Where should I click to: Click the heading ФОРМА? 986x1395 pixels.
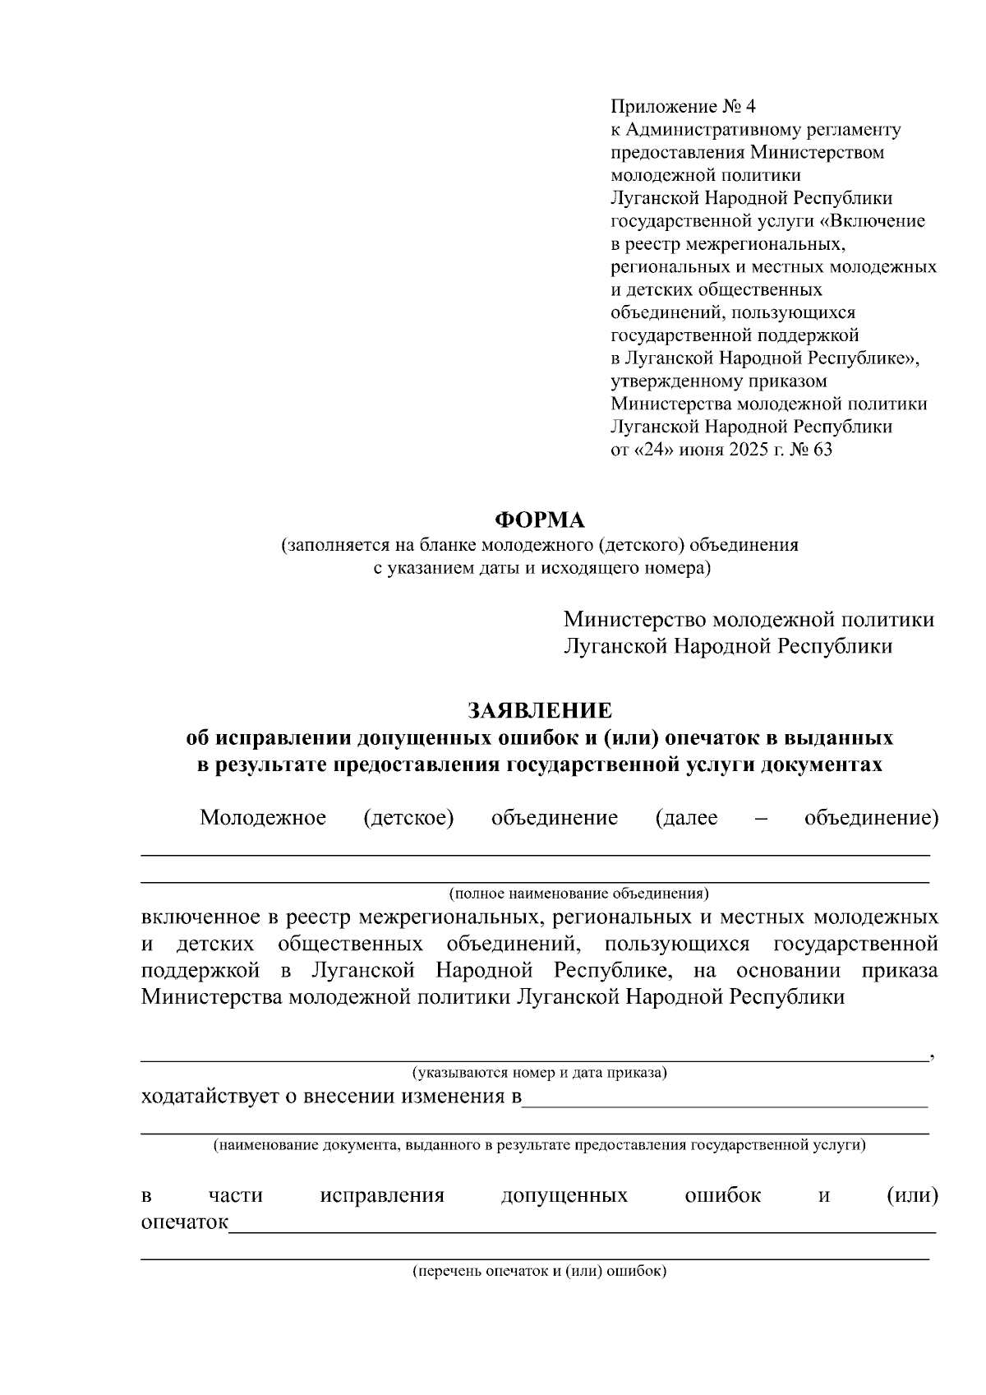(x=539, y=520)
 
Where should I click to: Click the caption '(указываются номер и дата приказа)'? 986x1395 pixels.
(x=539, y=1073)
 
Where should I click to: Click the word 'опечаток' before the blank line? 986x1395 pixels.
(x=184, y=1222)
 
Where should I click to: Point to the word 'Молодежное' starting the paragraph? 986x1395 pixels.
(x=263, y=818)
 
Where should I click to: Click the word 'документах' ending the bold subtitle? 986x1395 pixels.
(x=822, y=764)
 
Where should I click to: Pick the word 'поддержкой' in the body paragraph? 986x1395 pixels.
(x=200, y=970)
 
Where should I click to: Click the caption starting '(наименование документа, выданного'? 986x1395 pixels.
(x=539, y=1144)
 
